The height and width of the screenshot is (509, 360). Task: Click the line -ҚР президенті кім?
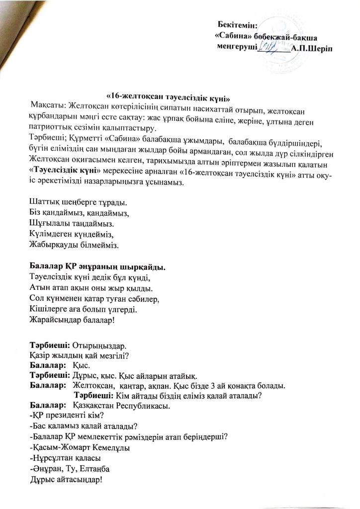click(65, 417)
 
